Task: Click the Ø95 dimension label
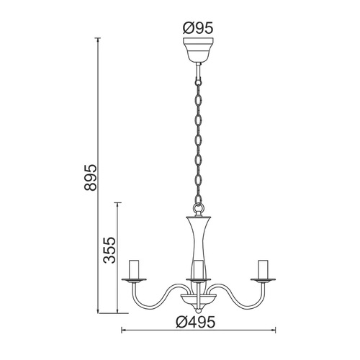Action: coord(198,28)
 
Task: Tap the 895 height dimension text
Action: coord(91,178)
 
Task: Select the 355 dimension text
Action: coord(109,251)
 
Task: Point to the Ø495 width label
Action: coord(195,322)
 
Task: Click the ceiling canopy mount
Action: coord(198,49)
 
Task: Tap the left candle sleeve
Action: coord(134,269)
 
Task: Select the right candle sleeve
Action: coord(263,269)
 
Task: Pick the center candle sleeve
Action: coord(199,269)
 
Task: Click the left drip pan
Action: coord(134,279)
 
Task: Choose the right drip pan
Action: coord(263,279)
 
